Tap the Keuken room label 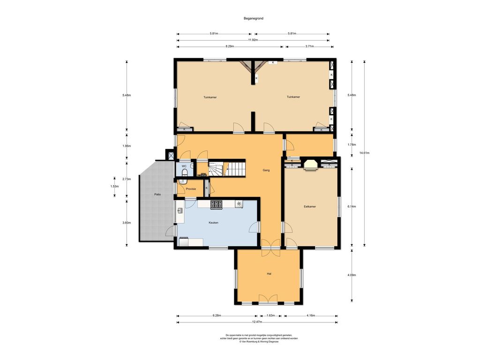(213, 223)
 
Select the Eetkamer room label (310, 207)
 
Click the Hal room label (269, 274)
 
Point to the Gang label (266, 170)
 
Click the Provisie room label (191, 189)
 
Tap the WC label (184, 166)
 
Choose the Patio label (157, 195)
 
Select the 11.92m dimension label (253, 40)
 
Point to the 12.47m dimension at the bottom (257, 322)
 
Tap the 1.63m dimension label (270, 315)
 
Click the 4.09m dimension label (352, 275)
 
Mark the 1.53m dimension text (114, 186)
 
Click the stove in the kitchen (216, 204)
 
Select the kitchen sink (180, 210)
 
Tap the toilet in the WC (184, 173)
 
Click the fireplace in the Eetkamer (310, 164)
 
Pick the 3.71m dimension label (309, 46)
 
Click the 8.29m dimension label (230, 46)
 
